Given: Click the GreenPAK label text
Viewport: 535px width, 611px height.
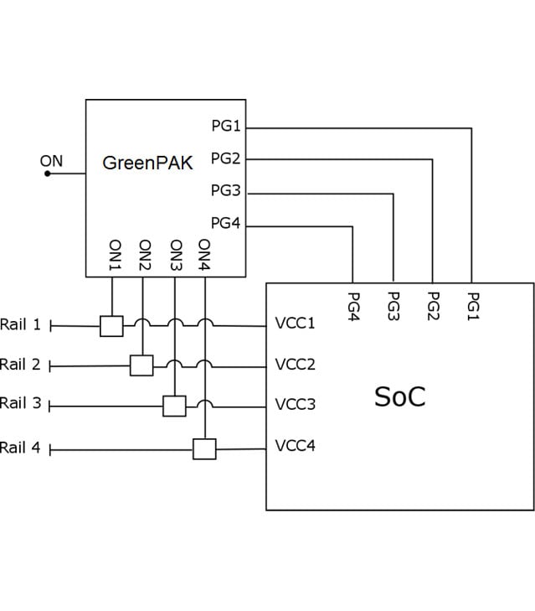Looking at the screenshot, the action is pos(147,163).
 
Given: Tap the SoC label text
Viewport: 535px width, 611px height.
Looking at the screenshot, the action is pos(400,396).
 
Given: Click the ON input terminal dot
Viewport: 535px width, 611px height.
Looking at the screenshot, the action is pos(48,173).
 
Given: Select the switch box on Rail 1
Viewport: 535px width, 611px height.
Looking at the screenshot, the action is pos(111,326).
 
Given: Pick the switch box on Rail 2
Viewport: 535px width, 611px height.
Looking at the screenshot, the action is pos(141,365).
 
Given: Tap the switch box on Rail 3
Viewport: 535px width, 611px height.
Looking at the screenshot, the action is pos(174,406).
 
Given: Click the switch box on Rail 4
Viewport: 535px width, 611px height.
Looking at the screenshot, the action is pos(204,449).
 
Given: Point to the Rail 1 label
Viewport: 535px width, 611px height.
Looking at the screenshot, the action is pos(20,324).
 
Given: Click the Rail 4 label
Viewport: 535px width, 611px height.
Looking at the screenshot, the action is pos(20,448).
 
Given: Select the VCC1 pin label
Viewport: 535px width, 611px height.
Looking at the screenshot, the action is pos(295,323).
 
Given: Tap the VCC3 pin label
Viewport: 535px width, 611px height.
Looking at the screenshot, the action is pos(296,404).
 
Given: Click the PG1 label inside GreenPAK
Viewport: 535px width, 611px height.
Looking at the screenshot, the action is pos(226,126).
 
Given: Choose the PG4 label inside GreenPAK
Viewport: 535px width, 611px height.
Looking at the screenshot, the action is pos(225,223).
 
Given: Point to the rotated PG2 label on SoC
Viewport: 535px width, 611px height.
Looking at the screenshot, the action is pos(434,306).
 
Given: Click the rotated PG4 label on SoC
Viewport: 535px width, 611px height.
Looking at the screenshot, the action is pos(353,306).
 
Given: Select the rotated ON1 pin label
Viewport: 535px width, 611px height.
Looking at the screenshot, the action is pos(116,255).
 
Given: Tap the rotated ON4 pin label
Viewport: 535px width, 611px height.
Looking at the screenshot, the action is pos(204,255).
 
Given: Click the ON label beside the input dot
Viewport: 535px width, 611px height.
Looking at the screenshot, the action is pos(51,161).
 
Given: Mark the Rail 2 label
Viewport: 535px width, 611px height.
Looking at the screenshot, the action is pos(20,365).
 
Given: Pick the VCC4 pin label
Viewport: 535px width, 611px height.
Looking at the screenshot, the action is pos(296,445).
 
